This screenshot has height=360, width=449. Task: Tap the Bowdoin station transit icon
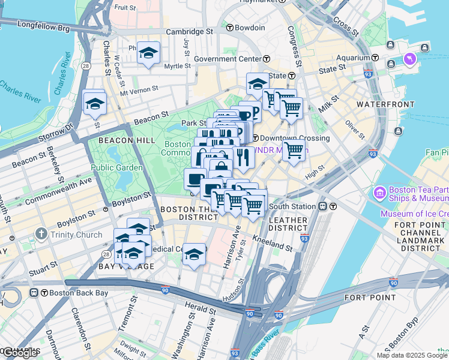click(229, 28)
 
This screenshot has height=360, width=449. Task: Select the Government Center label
click(227, 59)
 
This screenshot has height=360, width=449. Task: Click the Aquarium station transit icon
click(375, 58)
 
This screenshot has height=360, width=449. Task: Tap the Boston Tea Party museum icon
click(379, 194)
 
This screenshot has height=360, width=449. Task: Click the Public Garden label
click(116, 167)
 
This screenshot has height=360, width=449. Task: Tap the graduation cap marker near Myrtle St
click(148, 55)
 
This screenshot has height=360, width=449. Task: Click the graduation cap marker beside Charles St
click(95, 104)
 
